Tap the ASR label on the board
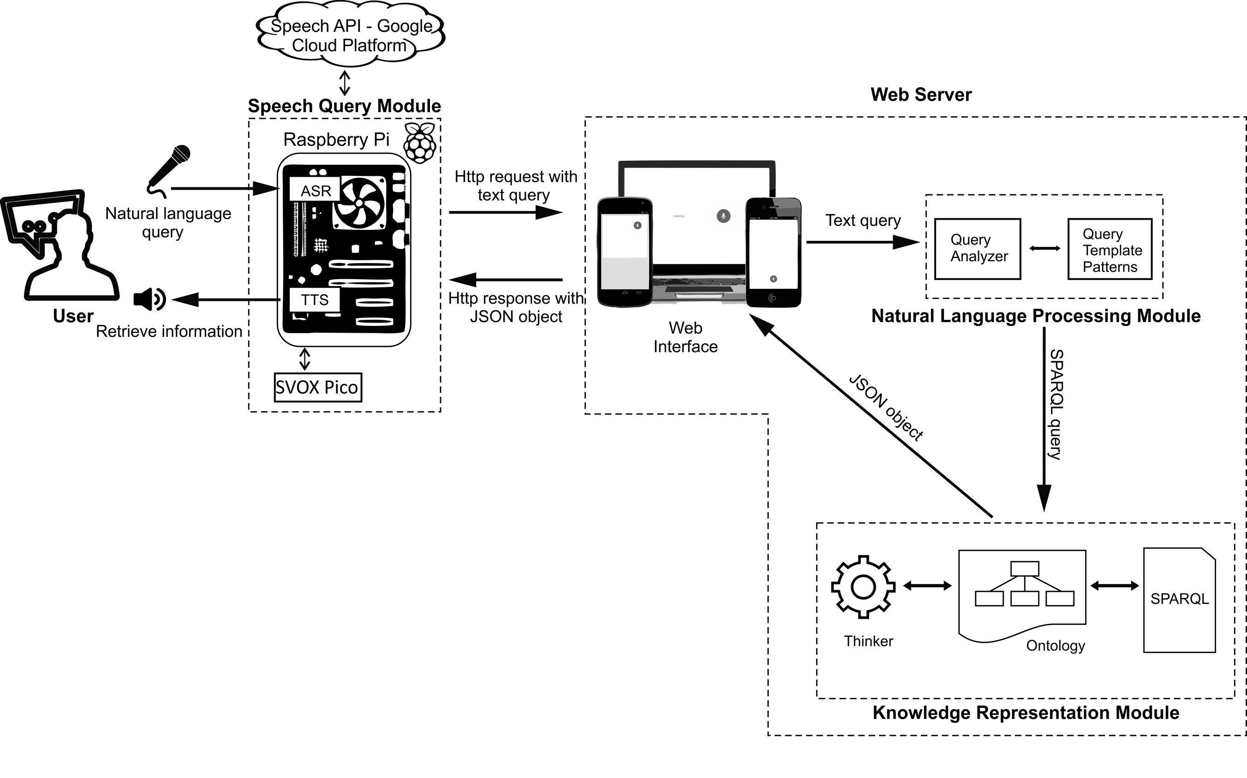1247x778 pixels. point(316,191)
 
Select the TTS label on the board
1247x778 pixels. point(314,299)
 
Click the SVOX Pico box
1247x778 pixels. point(317,387)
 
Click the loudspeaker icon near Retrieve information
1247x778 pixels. point(149,299)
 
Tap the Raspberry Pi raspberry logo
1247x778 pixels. point(420,143)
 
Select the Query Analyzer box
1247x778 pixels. point(978,249)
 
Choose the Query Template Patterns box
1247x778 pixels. point(1110,250)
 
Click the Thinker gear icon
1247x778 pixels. point(863,586)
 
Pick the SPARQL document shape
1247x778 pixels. point(1179,600)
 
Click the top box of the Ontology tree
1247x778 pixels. point(1024,569)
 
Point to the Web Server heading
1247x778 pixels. point(921,95)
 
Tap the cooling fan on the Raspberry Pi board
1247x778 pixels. point(359,203)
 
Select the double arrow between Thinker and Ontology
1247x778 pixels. point(927,586)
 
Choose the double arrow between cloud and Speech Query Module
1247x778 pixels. point(345,83)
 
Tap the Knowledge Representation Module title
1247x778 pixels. point(1026,712)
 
